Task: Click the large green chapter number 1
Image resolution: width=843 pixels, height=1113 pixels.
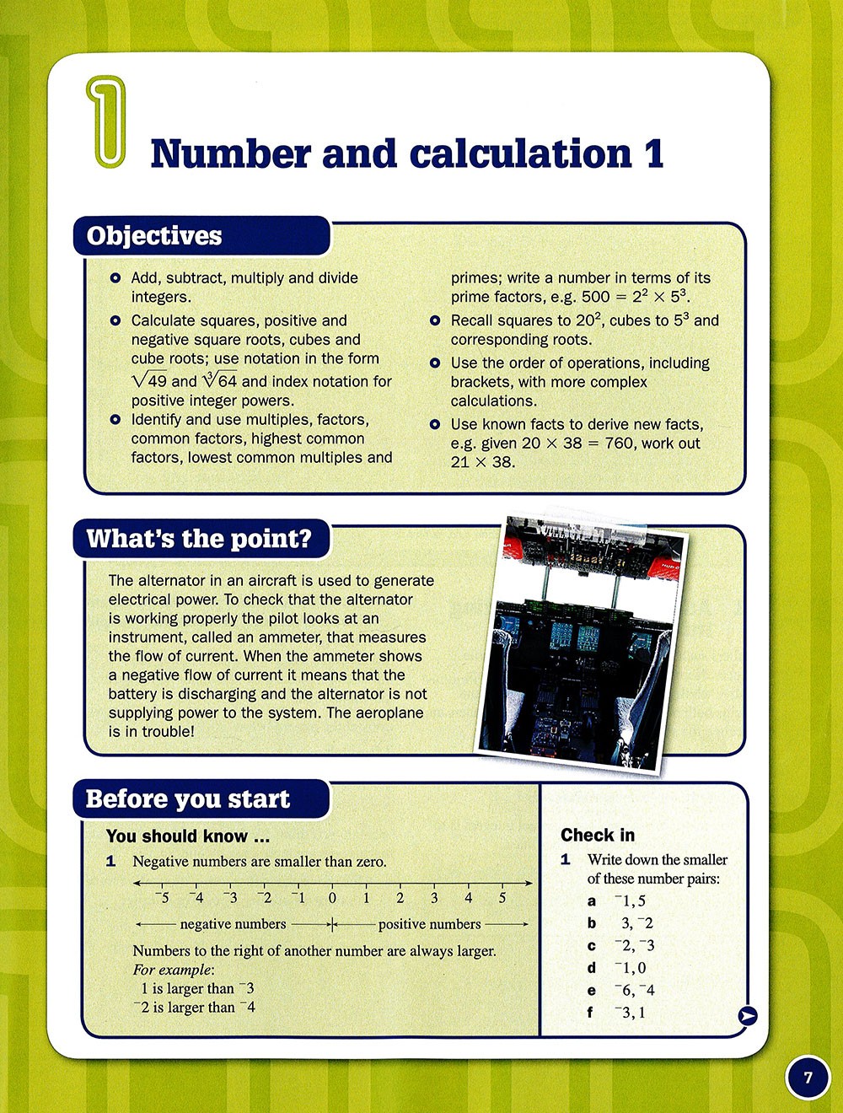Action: click(x=107, y=121)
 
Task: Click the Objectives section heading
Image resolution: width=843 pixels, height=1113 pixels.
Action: click(x=154, y=236)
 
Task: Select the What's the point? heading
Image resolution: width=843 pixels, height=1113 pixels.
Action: click(x=199, y=539)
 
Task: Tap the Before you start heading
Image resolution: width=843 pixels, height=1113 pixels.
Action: click(x=188, y=799)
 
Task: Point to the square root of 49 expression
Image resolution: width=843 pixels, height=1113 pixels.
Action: click(x=150, y=380)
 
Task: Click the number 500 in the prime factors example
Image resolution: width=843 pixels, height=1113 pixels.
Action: click(x=596, y=297)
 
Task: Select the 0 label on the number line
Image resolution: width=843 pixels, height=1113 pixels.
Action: click(x=332, y=898)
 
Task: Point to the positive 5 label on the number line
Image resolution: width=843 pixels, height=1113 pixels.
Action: click(x=502, y=898)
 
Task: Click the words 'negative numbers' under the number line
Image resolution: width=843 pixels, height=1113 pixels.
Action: click(x=233, y=924)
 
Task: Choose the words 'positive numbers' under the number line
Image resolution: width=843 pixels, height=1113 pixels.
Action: click(x=429, y=924)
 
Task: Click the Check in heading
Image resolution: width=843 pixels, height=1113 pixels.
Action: click(x=598, y=835)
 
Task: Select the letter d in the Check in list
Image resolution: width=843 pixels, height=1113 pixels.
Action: click(x=592, y=968)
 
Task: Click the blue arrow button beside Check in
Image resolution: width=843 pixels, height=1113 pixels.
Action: click(x=747, y=1016)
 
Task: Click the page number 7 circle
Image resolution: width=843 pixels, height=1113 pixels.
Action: click(x=808, y=1078)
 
